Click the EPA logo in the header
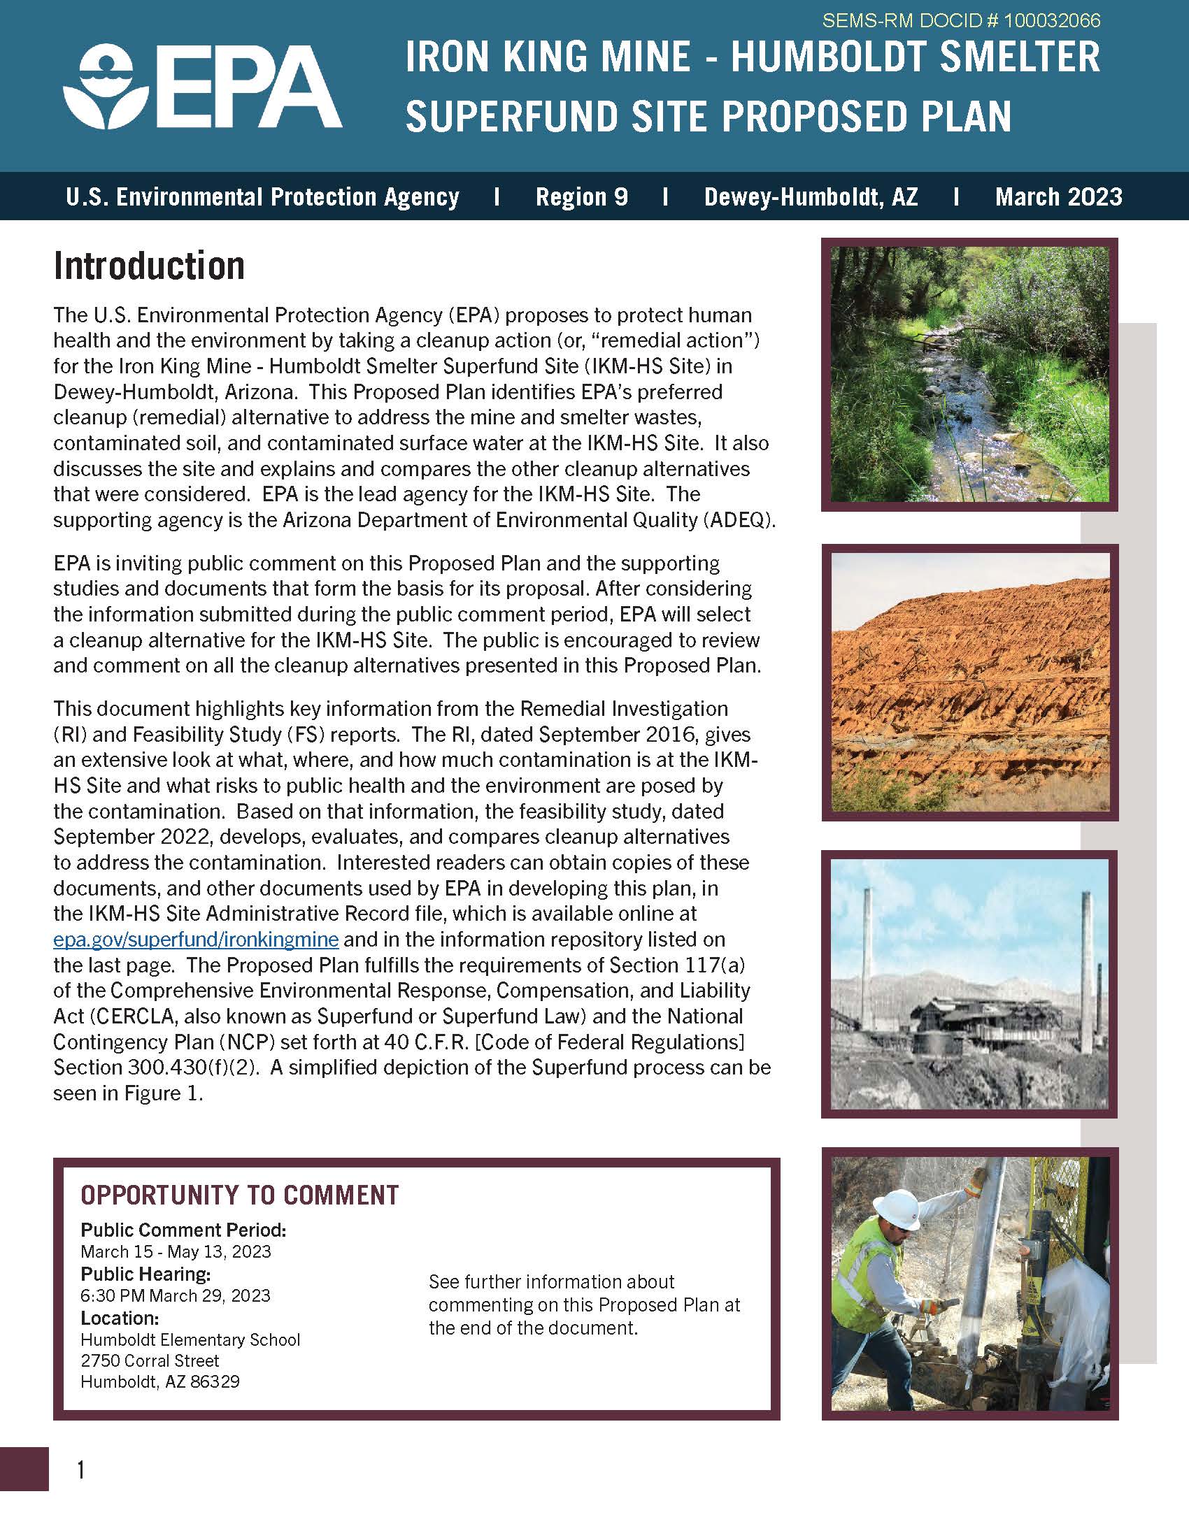(202, 88)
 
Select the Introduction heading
(150, 266)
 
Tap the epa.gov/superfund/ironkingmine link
(196, 940)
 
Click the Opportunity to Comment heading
(239, 1195)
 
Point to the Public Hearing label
(145, 1274)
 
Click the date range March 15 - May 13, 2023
(176, 1251)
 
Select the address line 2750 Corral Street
(150, 1360)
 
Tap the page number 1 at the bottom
(81, 1470)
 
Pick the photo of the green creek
(969, 374)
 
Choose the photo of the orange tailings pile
(969, 682)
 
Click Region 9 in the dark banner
(581, 196)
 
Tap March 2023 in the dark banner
(1058, 196)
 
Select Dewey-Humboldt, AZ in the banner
(811, 196)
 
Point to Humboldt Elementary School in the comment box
(190, 1339)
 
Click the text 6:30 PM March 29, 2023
(176, 1295)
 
